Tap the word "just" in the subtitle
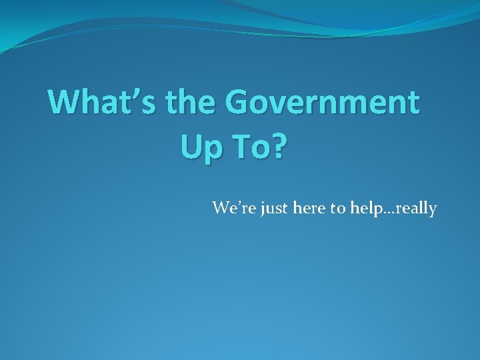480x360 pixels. click(x=268, y=209)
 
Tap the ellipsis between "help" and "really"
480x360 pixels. click(x=385, y=213)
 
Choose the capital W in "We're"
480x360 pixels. click(x=221, y=209)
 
